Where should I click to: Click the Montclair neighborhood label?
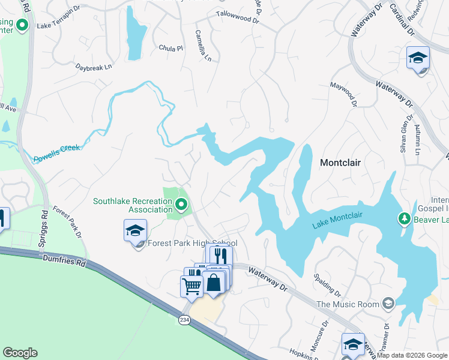tap(343, 163)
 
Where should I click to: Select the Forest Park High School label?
tap(193, 244)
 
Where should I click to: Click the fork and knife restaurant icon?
tap(221, 256)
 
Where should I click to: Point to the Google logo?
tap(20, 353)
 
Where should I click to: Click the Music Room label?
tap(348, 304)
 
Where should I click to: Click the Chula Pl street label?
tap(170, 47)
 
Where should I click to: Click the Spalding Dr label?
tap(327, 286)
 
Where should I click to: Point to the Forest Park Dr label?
tap(66, 222)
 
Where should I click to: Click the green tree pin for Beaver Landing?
tap(405, 218)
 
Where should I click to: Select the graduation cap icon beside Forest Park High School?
tap(136, 230)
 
